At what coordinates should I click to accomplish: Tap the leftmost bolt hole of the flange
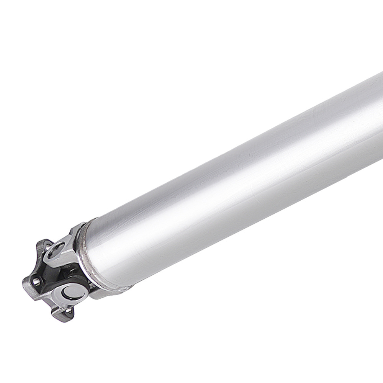point(36,282)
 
